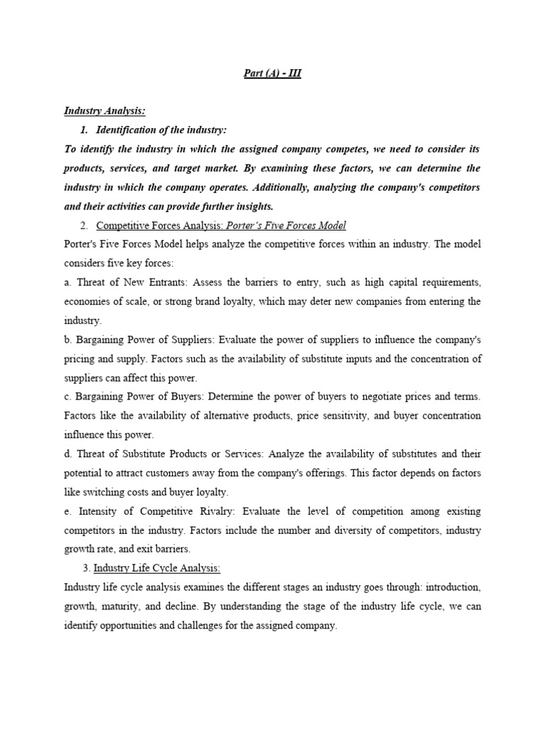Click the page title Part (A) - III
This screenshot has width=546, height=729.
273,73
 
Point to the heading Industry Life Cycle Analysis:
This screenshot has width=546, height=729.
157,567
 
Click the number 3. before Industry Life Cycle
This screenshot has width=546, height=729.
87,567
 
